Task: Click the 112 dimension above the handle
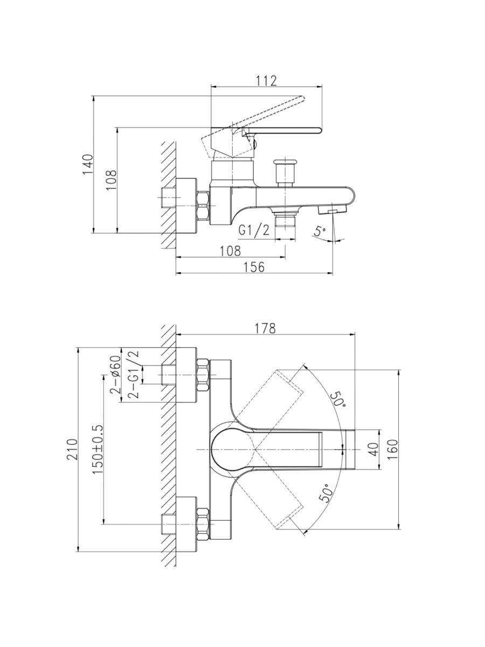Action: tap(266, 81)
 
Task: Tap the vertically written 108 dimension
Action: tap(111, 180)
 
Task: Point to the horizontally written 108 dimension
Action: tap(230, 251)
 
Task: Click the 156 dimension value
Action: tap(254, 267)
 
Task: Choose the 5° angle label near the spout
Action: tap(321, 232)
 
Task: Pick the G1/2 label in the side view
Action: tap(254, 231)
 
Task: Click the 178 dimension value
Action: tap(265, 328)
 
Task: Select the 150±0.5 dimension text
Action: tap(98, 449)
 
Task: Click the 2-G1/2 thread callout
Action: tap(133, 374)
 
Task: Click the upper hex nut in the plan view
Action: tap(203, 374)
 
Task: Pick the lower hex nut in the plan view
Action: tap(203, 523)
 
